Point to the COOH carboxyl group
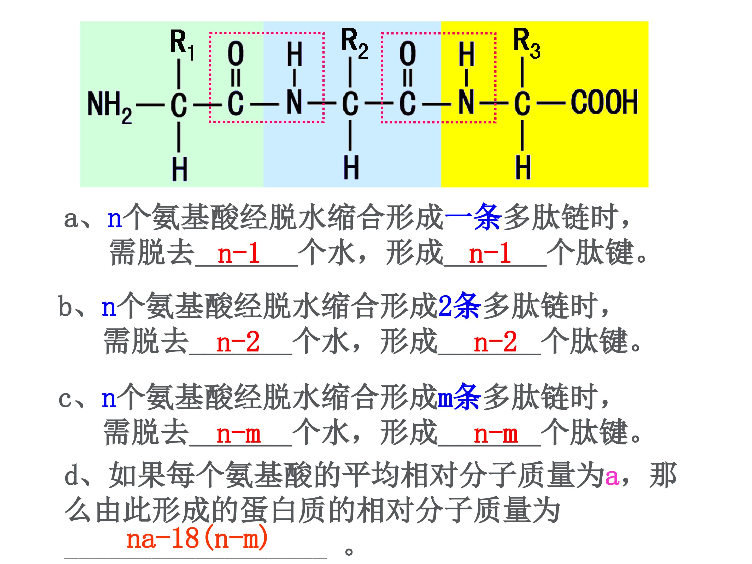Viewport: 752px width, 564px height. [x=604, y=102]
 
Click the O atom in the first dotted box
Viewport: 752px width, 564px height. [x=236, y=54]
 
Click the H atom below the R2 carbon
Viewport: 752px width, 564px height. [x=351, y=167]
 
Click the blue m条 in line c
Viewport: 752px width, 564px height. [x=459, y=396]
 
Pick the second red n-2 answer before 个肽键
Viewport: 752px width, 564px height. [x=495, y=343]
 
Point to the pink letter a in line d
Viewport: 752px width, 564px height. [x=612, y=477]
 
